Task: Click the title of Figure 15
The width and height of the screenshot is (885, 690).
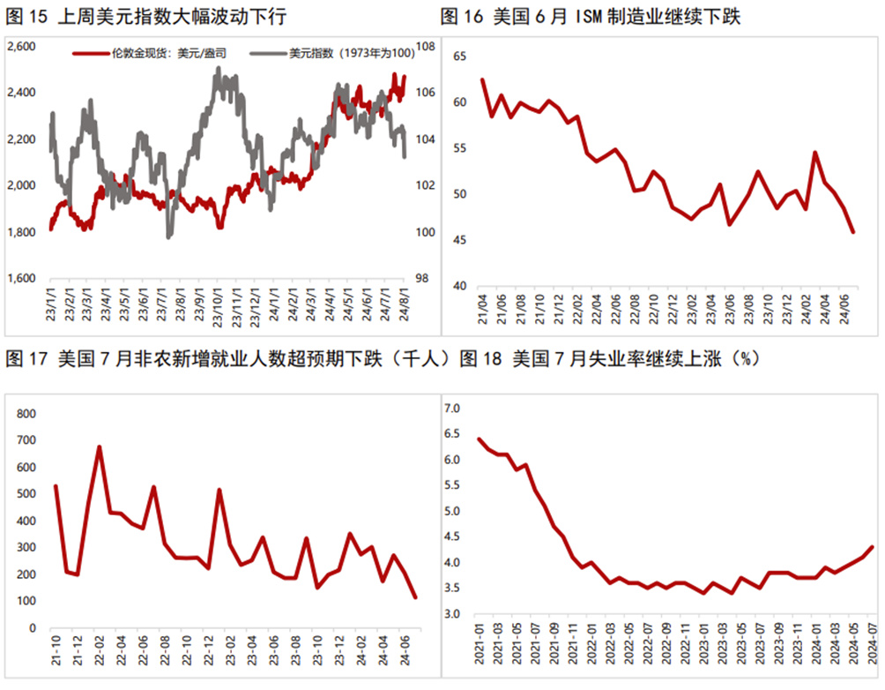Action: [145, 17]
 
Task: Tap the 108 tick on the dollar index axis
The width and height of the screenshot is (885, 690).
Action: [425, 46]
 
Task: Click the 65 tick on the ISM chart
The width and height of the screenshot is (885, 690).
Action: [458, 56]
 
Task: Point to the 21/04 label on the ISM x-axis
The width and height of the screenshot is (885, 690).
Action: [483, 311]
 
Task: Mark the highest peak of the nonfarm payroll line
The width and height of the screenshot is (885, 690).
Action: [100, 446]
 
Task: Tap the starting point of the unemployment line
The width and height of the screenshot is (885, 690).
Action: [479, 439]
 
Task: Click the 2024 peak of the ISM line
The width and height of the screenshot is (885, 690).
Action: [815, 152]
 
